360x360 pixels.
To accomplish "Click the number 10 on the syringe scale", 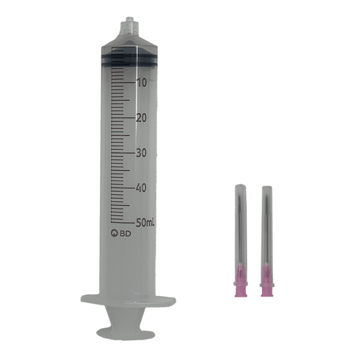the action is (142, 83).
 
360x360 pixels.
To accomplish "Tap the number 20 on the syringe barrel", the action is (142, 118).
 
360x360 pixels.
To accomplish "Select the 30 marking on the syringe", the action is (141, 153).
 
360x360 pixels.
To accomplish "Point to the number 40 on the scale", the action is (141, 188).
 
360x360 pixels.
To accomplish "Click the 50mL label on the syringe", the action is (145, 223).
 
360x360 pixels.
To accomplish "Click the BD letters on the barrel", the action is (125, 234).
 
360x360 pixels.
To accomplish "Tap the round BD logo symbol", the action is (114, 233).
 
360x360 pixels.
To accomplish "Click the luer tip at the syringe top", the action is (130, 25).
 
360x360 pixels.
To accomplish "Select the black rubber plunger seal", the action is (129, 60).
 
